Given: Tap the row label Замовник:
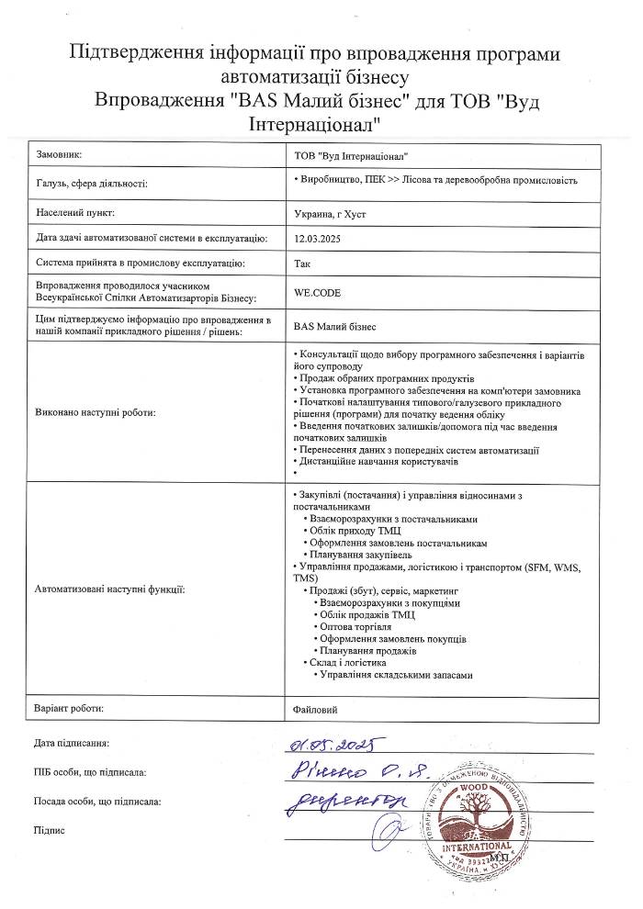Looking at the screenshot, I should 60,155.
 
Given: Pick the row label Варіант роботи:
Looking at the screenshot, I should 68,709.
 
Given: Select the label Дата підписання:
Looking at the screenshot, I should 72,741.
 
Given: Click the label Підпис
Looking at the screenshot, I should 48,829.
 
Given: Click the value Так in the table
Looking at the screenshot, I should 302,264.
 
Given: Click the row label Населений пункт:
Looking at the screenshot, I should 74,213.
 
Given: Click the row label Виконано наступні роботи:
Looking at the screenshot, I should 95,412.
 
